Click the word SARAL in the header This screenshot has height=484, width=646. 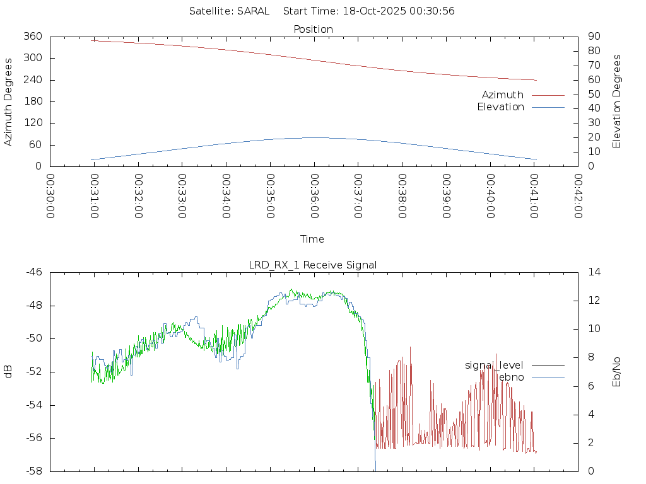253,11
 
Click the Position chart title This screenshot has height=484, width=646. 313,29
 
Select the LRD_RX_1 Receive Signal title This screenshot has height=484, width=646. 313,265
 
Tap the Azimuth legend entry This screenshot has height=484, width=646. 503,95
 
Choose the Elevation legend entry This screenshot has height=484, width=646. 500,107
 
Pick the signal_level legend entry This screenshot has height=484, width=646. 494,365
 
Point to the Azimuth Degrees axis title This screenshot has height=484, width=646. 8,101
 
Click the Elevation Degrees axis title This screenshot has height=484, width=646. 617,101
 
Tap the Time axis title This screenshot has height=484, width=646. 312,239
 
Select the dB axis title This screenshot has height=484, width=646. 8,371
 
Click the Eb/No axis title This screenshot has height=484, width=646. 617,371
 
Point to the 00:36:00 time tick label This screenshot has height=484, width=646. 314,196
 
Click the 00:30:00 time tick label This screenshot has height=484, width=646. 50,196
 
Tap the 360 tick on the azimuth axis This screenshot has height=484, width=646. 33,37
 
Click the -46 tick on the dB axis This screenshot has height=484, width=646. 33,272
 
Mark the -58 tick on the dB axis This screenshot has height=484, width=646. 33,471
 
